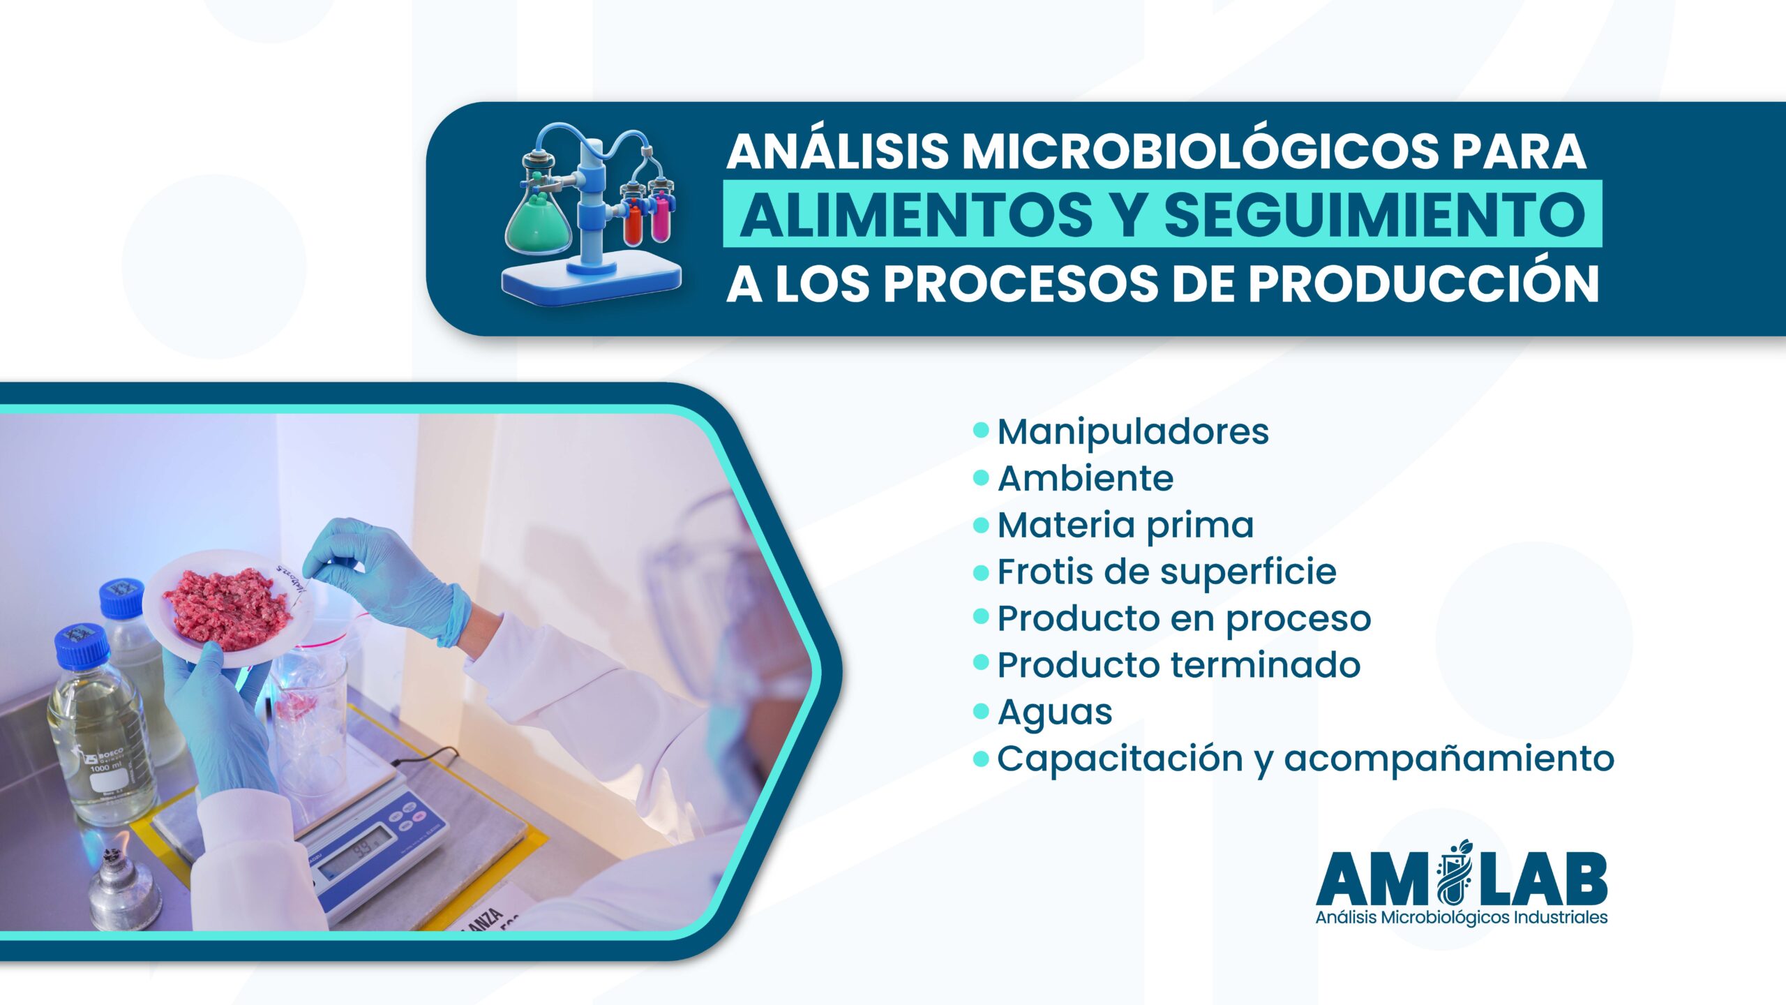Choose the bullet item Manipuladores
pos(1133,431)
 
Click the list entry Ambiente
pos(1086,479)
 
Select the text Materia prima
pos(1125,526)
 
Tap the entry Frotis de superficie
pos(1166,572)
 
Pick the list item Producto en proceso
pos(1184,619)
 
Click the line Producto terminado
pos(1178,665)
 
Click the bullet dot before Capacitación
pos(981,758)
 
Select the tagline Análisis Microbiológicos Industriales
pos(1462,917)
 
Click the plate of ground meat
pos(227,607)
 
